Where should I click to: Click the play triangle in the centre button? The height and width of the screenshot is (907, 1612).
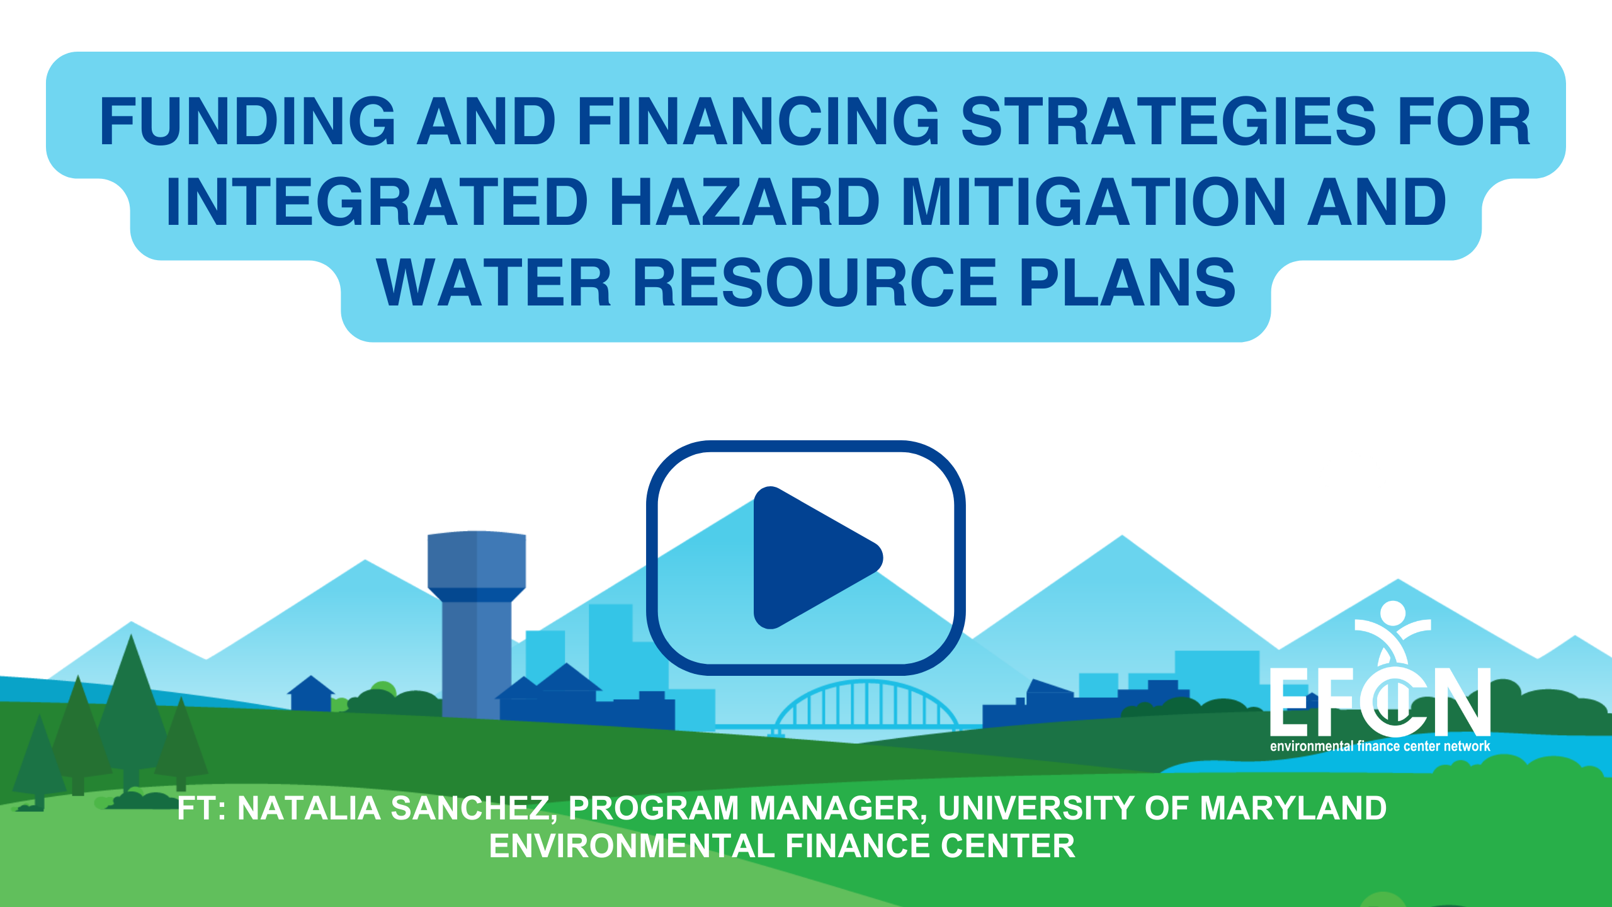(x=812, y=557)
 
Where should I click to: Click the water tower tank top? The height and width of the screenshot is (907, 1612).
(x=477, y=560)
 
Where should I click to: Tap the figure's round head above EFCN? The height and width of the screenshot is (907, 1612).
(x=1393, y=613)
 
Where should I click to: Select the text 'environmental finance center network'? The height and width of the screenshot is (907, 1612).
(x=1380, y=746)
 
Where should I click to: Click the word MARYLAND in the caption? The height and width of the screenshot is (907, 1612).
(x=1293, y=808)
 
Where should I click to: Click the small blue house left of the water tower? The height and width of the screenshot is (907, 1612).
(x=311, y=694)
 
